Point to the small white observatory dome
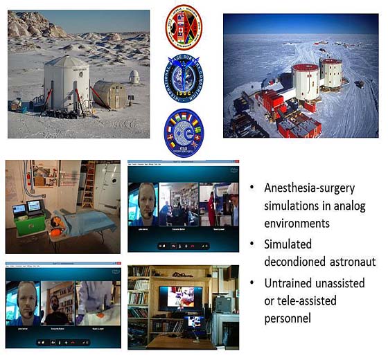[134, 75]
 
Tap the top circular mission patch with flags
[184, 27]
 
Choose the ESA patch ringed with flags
[184, 132]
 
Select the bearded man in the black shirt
[61, 304]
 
